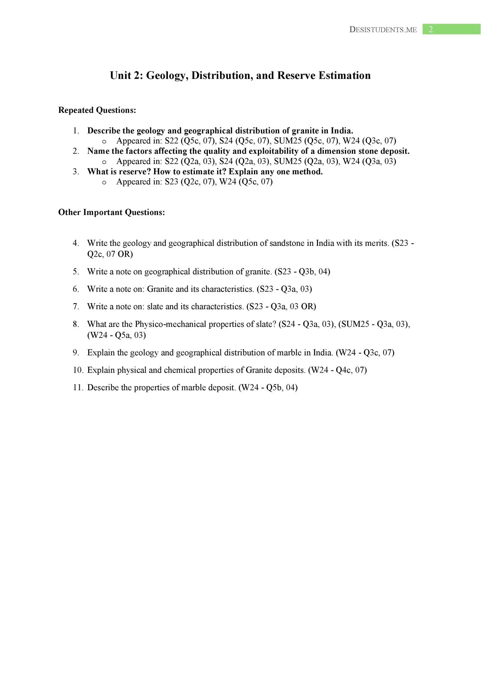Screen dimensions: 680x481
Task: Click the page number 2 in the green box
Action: click(x=431, y=29)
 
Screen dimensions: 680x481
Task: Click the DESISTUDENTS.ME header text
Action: click(x=383, y=30)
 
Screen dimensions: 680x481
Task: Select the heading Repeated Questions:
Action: click(x=97, y=110)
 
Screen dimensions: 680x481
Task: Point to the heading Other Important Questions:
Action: click(x=112, y=212)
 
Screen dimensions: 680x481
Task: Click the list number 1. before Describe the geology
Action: click(x=76, y=131)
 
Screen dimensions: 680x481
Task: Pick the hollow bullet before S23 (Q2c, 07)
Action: click(x=104, y=182)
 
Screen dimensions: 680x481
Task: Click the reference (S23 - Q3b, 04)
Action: click(x=302, y=272)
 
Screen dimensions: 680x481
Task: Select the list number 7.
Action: click(x=76, y=306)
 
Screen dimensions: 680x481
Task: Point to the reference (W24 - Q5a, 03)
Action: click(x=117, y=335)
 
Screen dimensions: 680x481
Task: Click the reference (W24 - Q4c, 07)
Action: click(x=337, y=370)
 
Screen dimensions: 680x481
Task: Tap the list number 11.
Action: click(x=78, y=387)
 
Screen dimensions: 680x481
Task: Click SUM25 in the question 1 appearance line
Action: click(x=288, y=141)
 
